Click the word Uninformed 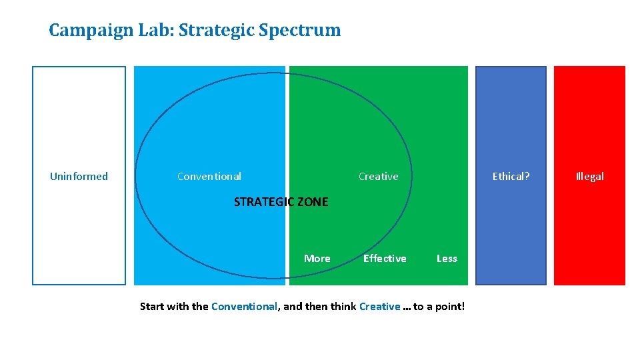pos(79,177)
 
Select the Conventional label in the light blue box pos(209,177)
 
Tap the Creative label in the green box pos(378,177)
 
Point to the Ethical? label pos(511,177)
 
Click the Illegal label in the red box pos(589,177)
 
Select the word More pos(317,259)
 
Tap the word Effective pos(385,259)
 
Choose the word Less pos(447,259)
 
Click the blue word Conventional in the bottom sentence pos(243,307)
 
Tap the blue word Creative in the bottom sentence pos(379,307)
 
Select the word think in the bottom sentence pos(343,307)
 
